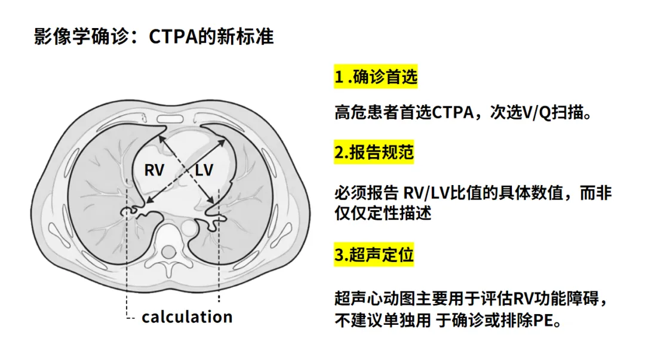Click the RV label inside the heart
[153, 170]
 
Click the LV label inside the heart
[204, 170]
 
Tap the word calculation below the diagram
[186, 316]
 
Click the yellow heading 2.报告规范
[374, 152]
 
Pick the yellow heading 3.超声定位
[374, 255]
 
